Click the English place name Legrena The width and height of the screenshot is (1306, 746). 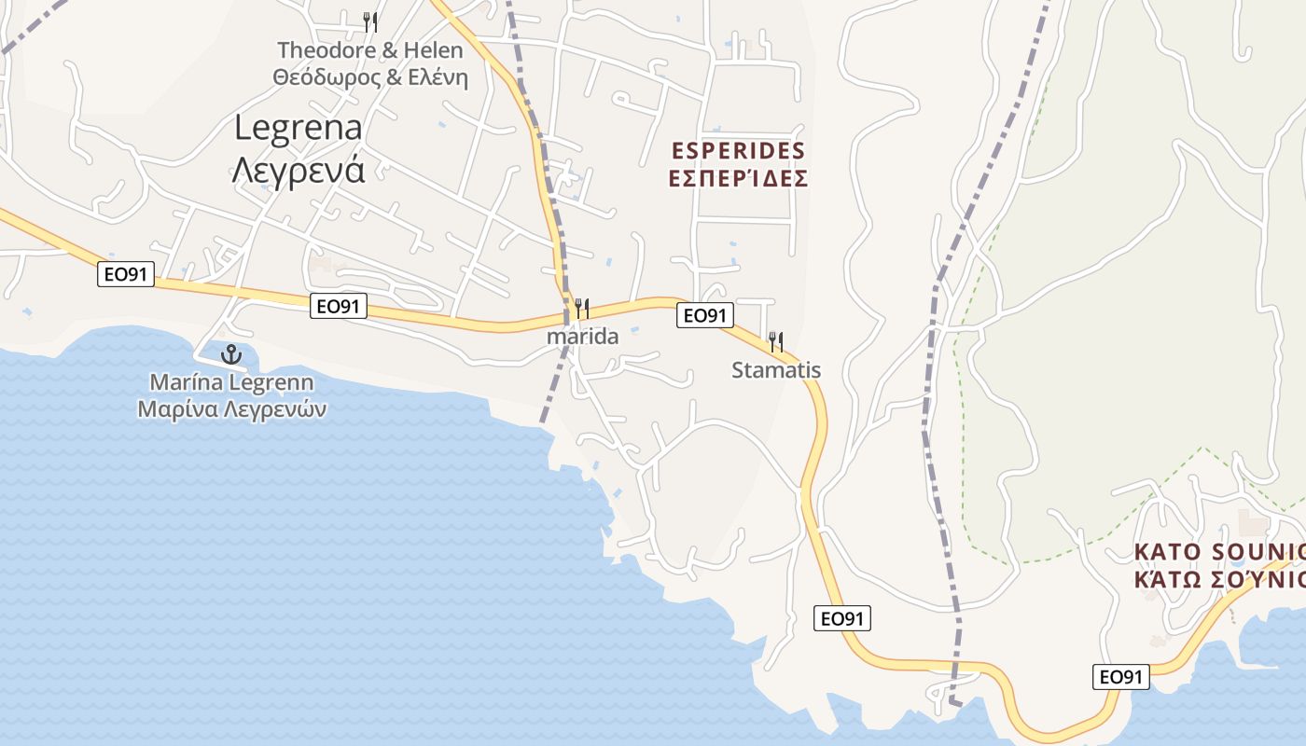coord(299,128)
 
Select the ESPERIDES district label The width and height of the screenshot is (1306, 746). coord(738,150)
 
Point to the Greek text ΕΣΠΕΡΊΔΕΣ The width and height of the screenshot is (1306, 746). coord(738,178)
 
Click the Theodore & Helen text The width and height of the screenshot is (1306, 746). coord(370,49)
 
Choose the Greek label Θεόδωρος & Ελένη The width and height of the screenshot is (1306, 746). coord(370,77)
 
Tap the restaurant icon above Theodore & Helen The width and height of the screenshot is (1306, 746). coord(370,21)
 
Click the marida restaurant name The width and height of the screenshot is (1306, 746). coord(583,337)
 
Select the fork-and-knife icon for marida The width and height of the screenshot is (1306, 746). coord(582,308)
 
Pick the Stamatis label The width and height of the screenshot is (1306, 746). coord(776,370)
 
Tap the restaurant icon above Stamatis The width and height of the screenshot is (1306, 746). coord(775,341)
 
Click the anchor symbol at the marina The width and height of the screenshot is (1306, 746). coord(230,354)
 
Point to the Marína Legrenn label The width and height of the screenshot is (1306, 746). coord(231,382)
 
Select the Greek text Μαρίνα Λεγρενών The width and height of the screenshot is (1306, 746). coord(231,408)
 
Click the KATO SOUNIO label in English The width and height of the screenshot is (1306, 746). coord(1218,552)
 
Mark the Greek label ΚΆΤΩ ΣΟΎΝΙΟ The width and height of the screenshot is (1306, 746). coord(1218,579)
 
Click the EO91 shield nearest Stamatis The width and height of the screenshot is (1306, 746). coord(704,315)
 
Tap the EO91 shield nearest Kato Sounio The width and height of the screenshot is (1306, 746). coord(1121,677)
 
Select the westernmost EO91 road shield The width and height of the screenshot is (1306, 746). coord(125,274)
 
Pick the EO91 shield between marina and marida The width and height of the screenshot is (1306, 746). coord(339,306)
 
